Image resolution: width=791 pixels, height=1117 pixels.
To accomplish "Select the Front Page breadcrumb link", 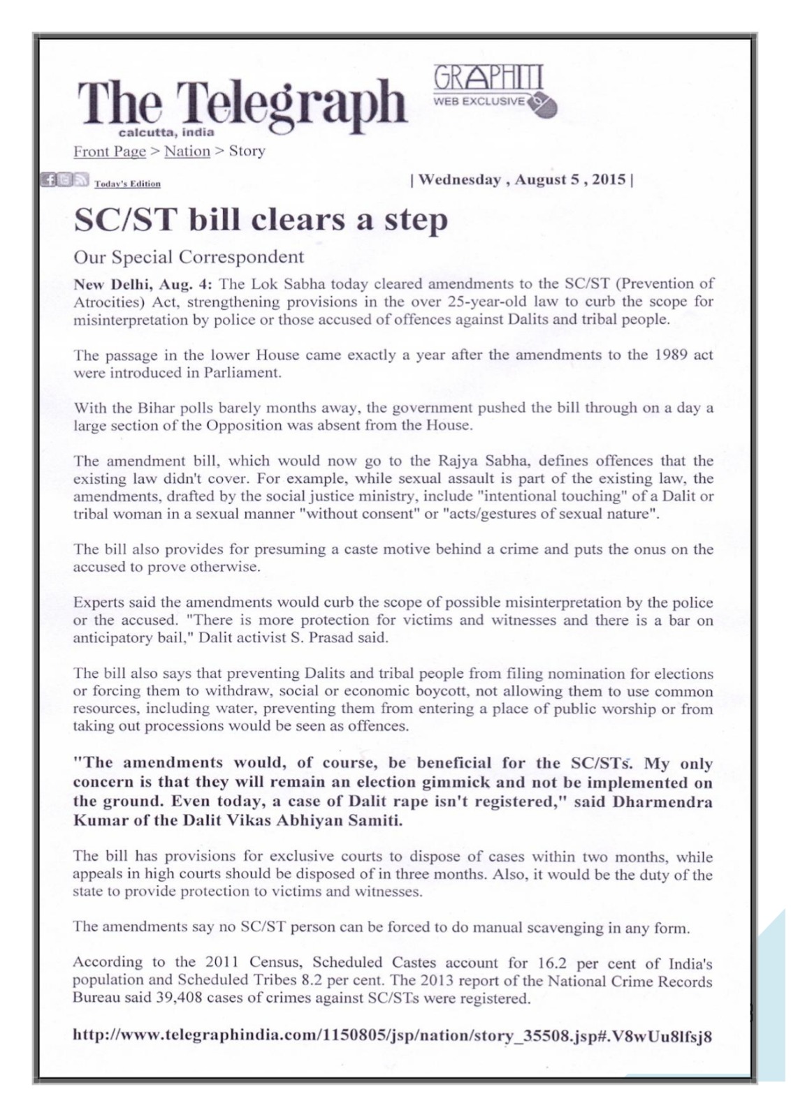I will point(110,151).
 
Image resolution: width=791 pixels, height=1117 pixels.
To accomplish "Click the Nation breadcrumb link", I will point(187,151).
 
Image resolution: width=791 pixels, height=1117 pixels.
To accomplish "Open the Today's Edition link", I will point(127,184).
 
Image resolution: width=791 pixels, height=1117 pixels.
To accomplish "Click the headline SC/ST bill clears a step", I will point(260,220).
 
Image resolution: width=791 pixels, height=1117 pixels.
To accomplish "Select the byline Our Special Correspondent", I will point(189,257).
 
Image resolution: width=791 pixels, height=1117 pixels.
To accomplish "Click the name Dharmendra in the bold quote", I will point(662,801).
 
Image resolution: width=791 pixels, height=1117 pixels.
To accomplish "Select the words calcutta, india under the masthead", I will point(166,132).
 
